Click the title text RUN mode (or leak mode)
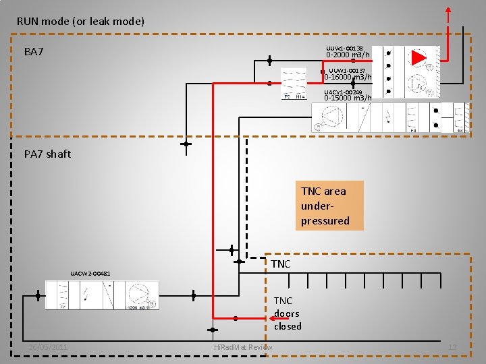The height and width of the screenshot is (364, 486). pos(80,21)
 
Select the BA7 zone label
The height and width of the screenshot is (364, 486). pos(34,52)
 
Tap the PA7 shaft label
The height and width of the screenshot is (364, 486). pos(47,154)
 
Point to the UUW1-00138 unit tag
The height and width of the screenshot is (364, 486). pos(344,48)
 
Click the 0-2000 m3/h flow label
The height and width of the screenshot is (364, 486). pos(348,55)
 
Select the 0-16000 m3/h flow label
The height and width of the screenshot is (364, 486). pos(348,77)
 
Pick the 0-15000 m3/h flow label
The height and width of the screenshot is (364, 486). pos(348,98)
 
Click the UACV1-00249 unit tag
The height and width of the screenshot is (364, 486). pos(343,92)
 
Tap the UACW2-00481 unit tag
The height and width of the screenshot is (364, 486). pos(90,273)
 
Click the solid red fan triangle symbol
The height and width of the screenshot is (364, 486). pos(419,58)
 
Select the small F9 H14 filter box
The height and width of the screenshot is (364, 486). pos(294,84)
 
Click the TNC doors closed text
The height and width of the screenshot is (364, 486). pos(288,313)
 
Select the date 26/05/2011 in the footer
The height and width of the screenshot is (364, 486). pos(48,347)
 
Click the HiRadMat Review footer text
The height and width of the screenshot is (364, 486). pos(242,347)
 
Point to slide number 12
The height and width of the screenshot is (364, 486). pos(453,347)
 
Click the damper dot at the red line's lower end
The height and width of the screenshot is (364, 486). pos(236,317)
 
